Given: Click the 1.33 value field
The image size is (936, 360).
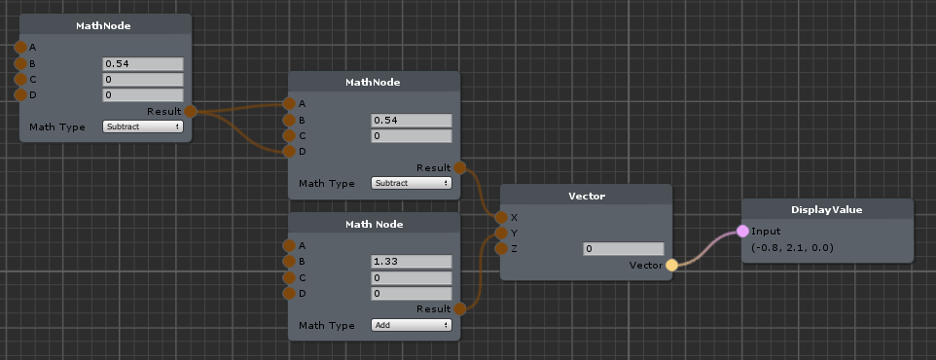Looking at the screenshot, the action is point(412,262).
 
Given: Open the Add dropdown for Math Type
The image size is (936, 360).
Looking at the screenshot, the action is point(412,325).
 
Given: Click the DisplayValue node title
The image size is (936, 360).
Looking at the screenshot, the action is point(827,209).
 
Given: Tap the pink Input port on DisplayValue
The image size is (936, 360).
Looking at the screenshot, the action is point(742,231).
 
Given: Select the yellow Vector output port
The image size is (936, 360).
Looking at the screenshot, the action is point(671,265).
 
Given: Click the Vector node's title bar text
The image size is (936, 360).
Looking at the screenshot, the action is point(586,196).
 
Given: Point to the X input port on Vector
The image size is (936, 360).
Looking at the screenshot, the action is point(501,217).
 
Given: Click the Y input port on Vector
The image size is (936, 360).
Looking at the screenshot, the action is point(501,233).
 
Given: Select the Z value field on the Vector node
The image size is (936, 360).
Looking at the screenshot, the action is point(624,248).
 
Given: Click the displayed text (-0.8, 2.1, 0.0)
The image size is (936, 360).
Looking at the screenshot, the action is point(792,247).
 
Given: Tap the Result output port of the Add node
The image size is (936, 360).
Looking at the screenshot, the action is point(459,308).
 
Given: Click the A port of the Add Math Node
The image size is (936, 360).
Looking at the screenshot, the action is point(290,245).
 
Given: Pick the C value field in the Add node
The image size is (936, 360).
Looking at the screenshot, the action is point(412,277).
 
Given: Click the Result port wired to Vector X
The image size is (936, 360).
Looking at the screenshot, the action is point(459,167).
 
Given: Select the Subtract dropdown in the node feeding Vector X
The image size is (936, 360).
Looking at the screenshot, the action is point(412,183).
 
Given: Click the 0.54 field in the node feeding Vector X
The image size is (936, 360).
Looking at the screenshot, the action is point(412,120).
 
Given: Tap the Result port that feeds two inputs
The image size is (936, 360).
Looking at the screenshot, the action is point(191,111).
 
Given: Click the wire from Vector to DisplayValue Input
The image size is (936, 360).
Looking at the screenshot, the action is point(707,249).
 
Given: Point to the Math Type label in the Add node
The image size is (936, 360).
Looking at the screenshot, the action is point(327,325).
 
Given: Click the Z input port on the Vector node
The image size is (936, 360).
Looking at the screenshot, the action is point(501,248).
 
